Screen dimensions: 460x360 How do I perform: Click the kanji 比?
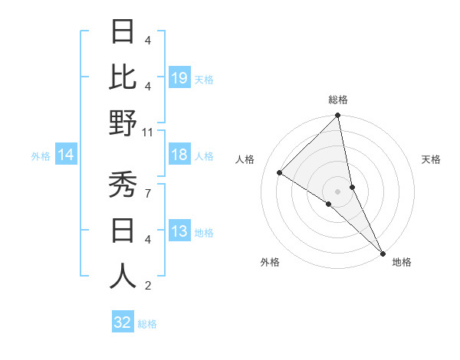[123, 77]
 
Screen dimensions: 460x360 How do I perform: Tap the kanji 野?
[123, 123]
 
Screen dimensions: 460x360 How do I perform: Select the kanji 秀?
[123, 184]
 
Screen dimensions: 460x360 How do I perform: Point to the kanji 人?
[123, 276]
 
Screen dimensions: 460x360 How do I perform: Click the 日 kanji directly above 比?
[123, 31]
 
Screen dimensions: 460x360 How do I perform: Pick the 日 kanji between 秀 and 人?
[123, 230]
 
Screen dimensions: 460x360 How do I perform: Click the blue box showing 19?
[179, 77]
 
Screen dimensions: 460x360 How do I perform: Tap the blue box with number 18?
[179, 155]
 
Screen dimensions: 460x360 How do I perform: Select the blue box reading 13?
[179, 231]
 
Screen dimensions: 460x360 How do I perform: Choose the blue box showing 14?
[66, 155]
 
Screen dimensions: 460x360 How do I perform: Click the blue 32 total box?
[123, 322]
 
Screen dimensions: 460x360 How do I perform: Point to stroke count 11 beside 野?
[148, 132]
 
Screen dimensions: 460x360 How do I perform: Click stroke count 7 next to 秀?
[148, 193]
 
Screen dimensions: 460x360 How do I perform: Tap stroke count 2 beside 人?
[148, 286]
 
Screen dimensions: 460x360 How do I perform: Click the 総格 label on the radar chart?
[338, 100]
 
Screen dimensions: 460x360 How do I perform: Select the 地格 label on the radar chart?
[402, 263]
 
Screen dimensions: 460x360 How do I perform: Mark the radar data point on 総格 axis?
[337, 116]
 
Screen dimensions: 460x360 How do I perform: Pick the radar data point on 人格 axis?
[280, 173]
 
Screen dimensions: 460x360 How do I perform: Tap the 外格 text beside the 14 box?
[41, 156]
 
